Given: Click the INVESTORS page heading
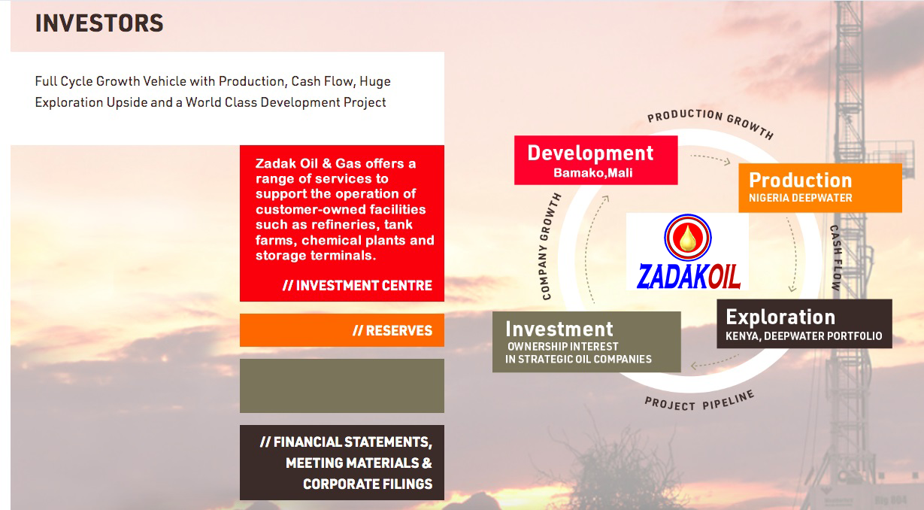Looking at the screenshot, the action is [x=99, y=23].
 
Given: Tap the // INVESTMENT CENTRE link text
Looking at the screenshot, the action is [x=357, y=286].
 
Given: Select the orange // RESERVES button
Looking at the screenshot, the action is [x=342, y=330].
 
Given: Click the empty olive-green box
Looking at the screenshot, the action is [x=342, y=386].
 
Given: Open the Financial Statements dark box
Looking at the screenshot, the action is [x=342, y=463].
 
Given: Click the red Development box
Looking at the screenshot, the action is [x=595, y=160].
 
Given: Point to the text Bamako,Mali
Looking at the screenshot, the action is [x=592, y=172].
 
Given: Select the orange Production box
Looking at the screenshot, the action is [x=820, y=188].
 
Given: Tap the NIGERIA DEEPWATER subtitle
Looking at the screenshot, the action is [x=800, y=198].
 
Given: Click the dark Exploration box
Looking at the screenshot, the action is [x=804, y=323].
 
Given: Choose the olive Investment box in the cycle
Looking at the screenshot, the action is [x=586, y=342].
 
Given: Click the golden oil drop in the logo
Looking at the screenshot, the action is [x=688, y=238].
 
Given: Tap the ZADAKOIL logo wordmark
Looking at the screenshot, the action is [x=688, y=277].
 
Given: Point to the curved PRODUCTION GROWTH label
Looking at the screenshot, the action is [x=710, y=121].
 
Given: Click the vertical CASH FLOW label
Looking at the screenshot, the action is [x=836, y=258].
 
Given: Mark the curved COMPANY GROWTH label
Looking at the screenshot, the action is [x=550, y=246].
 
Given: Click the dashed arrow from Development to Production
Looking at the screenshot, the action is [x=710, y=159].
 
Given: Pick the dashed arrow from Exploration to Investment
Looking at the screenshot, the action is [x=714, y=363].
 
